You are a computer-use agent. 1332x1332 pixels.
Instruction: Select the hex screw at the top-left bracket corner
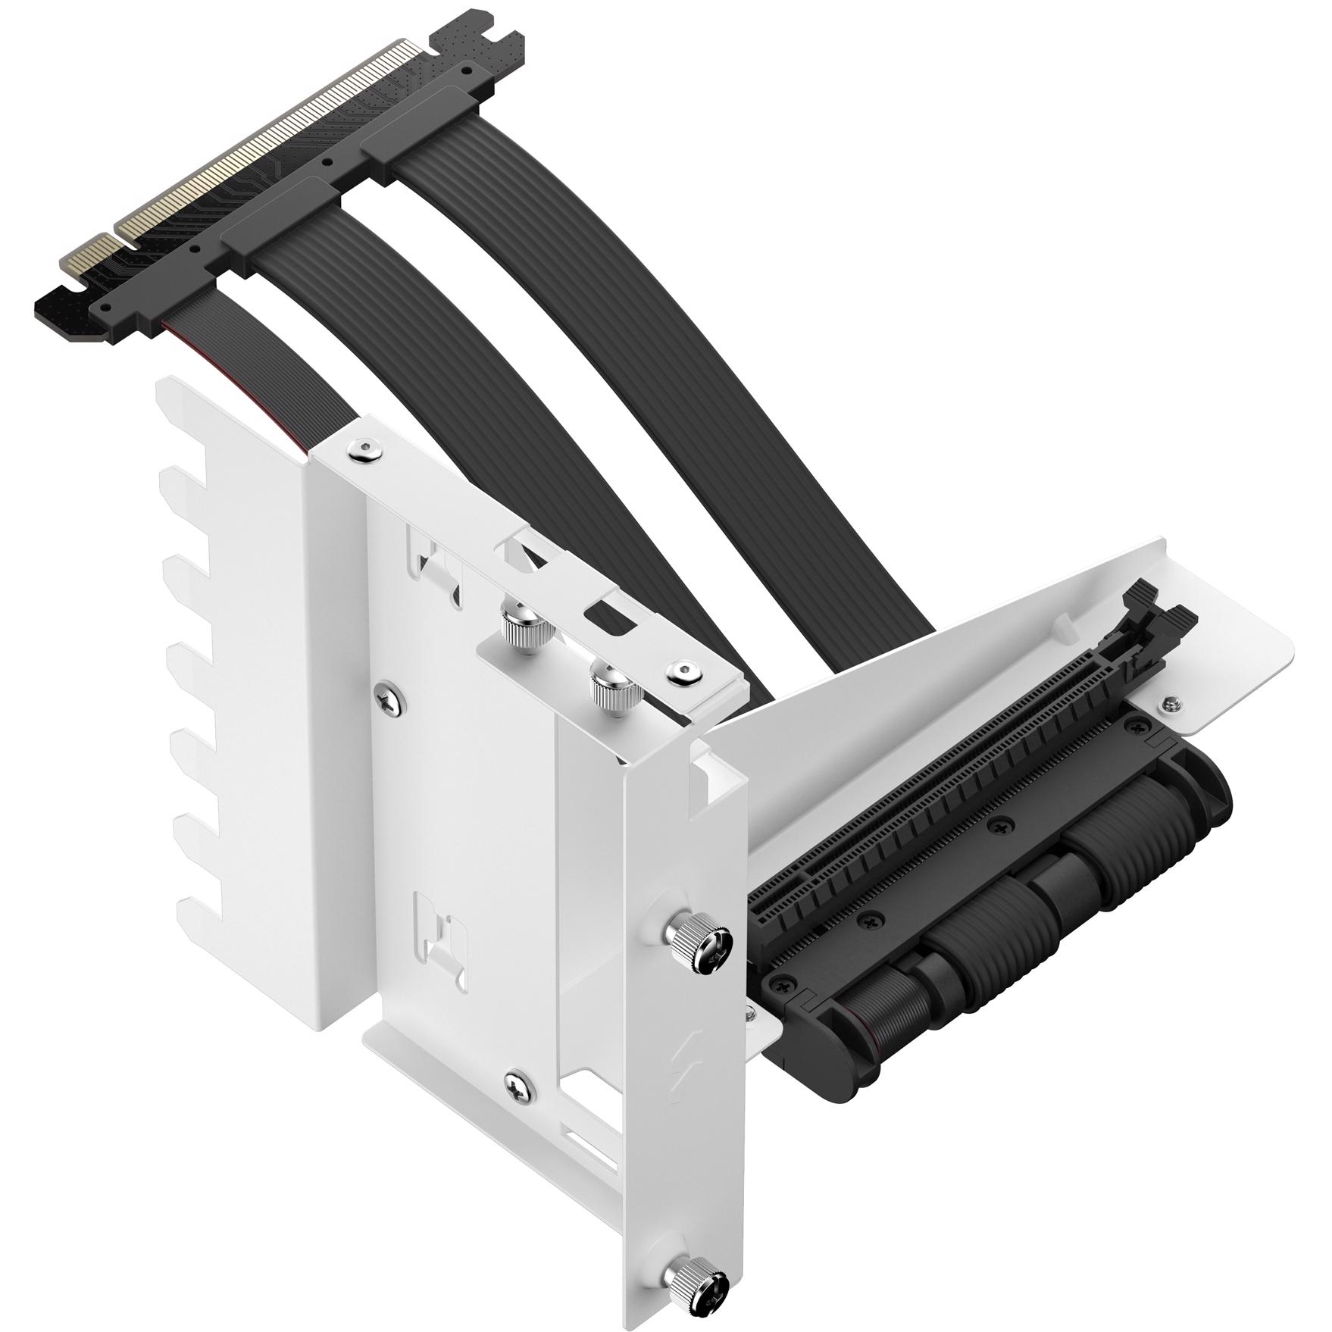coord(366,452)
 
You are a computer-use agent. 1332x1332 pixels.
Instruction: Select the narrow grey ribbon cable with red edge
coord(250,364)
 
